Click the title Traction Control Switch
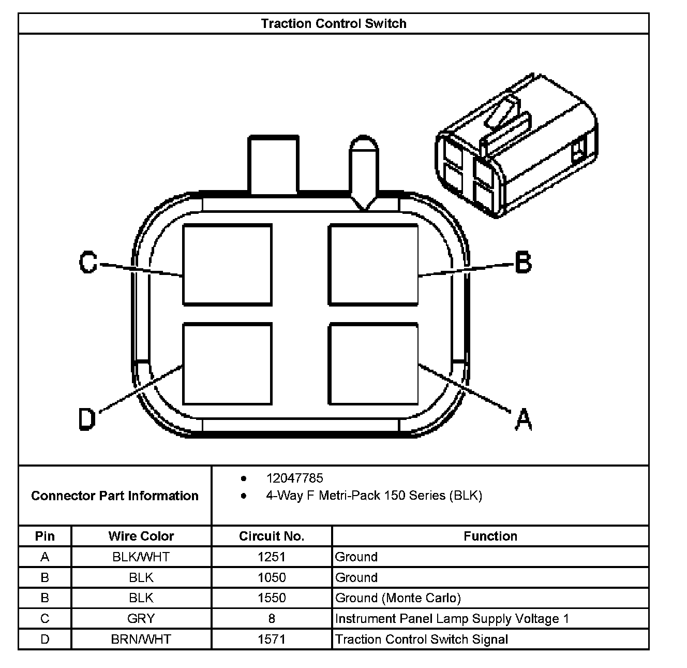333,23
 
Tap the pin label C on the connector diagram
88,262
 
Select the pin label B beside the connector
523,262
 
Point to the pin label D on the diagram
87,419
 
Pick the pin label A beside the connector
524,419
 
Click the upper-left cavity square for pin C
228,265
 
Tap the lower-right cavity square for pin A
374,364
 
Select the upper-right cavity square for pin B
374,265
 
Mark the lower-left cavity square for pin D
228,364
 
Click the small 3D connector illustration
516,146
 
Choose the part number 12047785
294,478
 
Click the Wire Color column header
141,536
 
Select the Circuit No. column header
272,536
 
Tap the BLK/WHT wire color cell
141,557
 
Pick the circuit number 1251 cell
272,557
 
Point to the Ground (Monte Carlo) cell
398,598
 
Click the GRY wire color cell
141,619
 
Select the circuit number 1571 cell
272,640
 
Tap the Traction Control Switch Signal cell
422,640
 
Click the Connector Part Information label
115,496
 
